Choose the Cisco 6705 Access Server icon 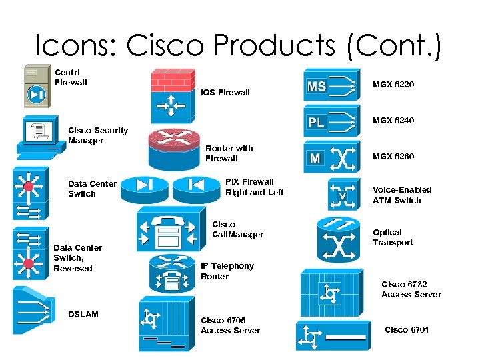point(164,325)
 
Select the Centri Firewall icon point(36,85)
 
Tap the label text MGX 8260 point(393,157)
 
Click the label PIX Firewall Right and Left point(254,187)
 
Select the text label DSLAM point(83,314)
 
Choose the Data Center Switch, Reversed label point(73,258)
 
